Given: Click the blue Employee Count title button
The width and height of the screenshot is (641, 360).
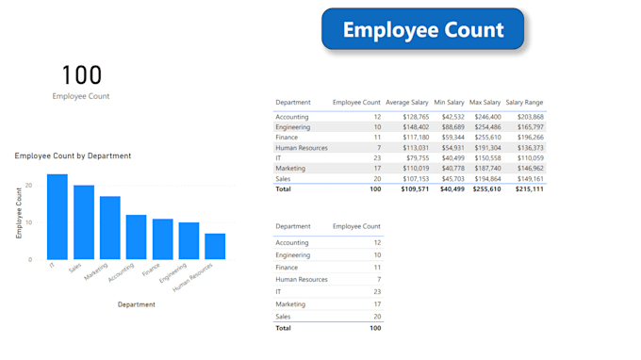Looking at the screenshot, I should [x=422, y=30].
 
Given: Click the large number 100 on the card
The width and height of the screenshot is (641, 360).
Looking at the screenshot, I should [x=81, y=75].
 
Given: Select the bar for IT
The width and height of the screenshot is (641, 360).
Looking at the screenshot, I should [x=58, y=217].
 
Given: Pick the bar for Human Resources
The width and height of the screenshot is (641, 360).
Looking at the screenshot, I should [x=215, y=246].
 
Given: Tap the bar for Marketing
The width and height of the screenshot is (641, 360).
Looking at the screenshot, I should [x=110, y=228].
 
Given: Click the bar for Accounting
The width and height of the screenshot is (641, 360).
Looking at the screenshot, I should [x=137, y=237].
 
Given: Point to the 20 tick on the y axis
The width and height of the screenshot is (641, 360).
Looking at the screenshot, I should [x=29, y=186].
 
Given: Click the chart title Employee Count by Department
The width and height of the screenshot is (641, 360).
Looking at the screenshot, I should [x=73, y=155].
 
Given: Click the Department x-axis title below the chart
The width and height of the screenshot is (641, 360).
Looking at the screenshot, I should [x=137, y=304].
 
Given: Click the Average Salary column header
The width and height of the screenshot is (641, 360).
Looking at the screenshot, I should [x=407, y=102].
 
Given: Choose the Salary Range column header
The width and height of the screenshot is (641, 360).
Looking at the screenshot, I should [x=524, y=102].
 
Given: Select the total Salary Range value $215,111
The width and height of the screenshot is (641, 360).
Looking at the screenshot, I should [x=529, y=188].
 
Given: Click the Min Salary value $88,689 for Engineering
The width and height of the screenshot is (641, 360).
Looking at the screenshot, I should [x=449, y=126].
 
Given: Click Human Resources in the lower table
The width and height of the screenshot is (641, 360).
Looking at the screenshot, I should [x=302, y=280].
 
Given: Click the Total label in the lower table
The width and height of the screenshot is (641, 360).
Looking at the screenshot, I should [x=284, y=328].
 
